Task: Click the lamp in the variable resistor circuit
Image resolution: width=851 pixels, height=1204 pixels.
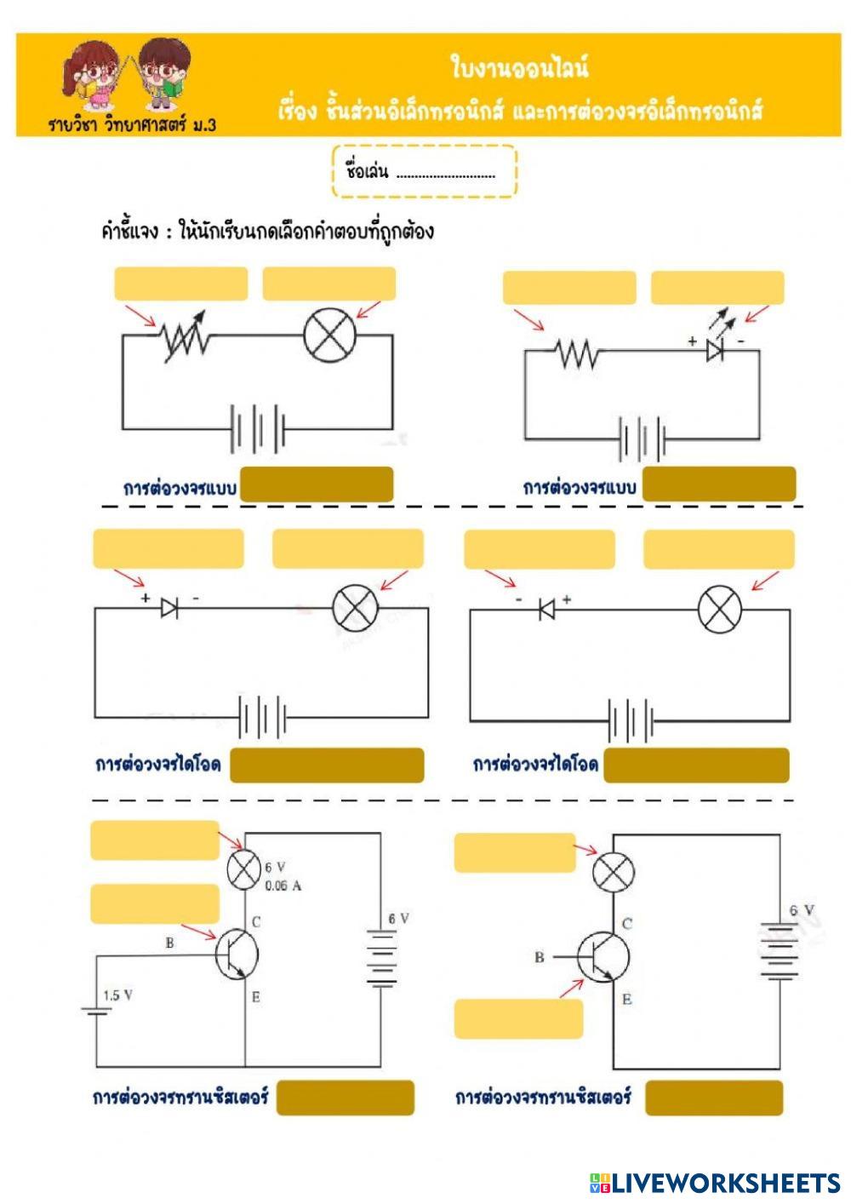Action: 329,335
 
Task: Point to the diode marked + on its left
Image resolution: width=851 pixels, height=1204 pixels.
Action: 169,607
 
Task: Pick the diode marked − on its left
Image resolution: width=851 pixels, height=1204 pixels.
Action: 545,609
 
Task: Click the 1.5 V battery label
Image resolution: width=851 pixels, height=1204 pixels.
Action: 117,995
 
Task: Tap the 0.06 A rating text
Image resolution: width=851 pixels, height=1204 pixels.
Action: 283,886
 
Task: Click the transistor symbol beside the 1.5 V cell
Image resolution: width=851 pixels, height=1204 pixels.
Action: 235,954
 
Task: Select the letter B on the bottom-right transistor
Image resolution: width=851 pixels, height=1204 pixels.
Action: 539,957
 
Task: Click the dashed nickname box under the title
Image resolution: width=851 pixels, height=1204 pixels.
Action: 423,171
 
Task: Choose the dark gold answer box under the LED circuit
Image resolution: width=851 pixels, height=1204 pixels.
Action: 719,484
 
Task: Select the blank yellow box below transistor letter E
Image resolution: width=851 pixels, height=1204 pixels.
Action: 518,1019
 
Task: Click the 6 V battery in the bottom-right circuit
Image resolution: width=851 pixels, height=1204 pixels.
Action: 778,950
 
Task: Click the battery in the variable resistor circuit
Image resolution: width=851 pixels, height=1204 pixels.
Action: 258,428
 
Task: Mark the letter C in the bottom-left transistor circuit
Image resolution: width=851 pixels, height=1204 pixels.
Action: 255,921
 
